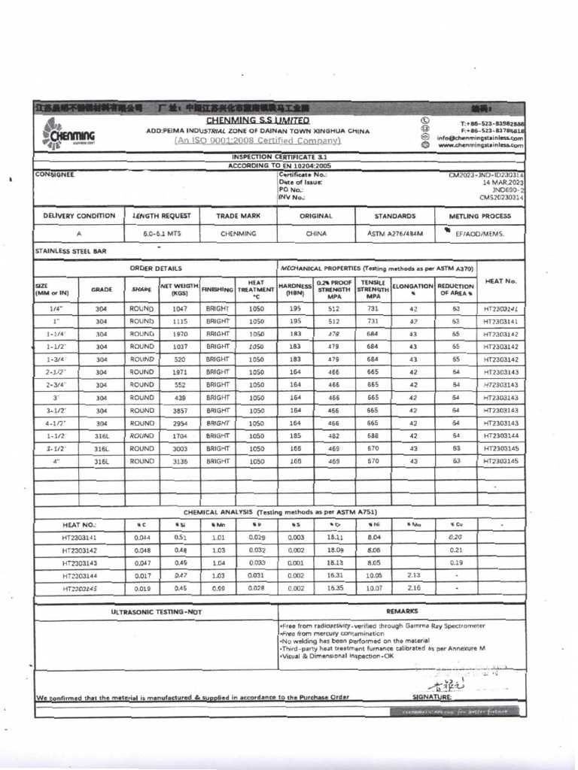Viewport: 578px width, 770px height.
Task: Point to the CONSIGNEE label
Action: click(55, 174)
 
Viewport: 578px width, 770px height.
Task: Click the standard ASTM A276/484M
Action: click(395, 234)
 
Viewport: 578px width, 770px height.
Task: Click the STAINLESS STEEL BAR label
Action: click(71, 251)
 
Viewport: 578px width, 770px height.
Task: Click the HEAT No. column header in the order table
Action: click(500, 281)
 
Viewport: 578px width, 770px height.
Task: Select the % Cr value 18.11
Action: click(334, 538)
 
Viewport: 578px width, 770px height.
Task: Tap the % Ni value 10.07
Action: click(374, 589)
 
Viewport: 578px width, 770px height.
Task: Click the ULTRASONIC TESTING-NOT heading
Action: click(157, 612)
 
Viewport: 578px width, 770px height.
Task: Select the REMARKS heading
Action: click(402, 612)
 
